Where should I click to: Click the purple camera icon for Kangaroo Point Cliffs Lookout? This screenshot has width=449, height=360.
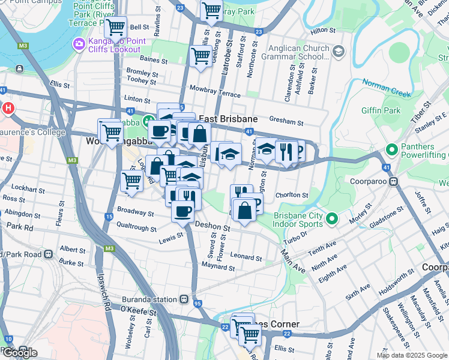(79, 44)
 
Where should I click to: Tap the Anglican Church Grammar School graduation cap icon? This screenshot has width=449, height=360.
(338, 52)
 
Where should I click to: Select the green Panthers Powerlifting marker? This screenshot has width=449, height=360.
(393, 149)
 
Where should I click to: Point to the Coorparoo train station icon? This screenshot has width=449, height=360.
(394, 181)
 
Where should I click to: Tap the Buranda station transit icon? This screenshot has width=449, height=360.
(185, 299)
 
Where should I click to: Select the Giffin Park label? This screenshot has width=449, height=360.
(381, 110)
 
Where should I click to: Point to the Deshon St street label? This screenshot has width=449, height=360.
(212, 228)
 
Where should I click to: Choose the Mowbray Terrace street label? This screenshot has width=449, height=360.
(214, 91)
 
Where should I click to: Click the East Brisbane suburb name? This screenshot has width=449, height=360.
(228, 119)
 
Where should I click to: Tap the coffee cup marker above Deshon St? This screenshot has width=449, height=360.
(182, 211)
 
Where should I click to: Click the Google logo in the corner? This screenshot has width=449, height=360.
(19, 353)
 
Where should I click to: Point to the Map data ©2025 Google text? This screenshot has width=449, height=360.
(411, 355)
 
